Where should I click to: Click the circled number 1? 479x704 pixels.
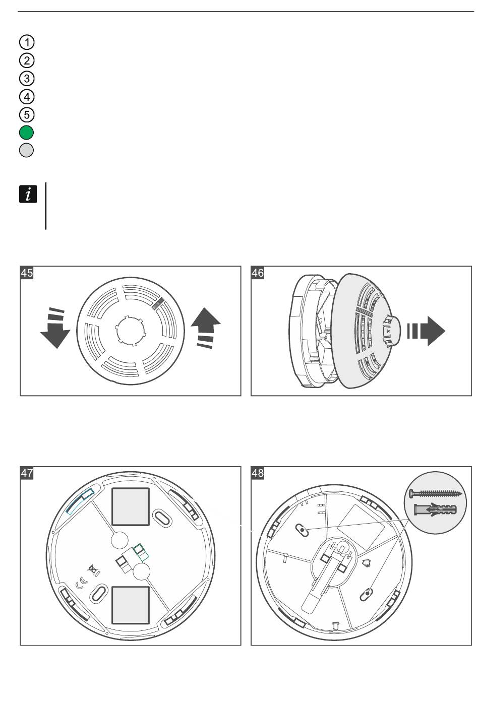pyautogui.click(x=27, y=42)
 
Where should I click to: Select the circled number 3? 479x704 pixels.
pyautogui.click(x=27, y=78)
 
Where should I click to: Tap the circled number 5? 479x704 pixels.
pyautogui.click(x=27, y=114)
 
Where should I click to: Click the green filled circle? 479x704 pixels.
pyautogui.click(x=26, y=133)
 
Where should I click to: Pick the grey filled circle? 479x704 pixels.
pyautogui.click(x=26, y=150)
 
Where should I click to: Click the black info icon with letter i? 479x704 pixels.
pyautogui.click(x=28, y=194)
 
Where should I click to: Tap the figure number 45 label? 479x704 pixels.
pyautogui.click(x=27, y=273)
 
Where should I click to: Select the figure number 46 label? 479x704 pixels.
pyautogui.click(x=258, y=273)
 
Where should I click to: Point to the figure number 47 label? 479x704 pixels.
pyautogui.click(x=27, y=473)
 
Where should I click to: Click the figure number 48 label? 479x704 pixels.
pyautogui.click(x=258, y=473)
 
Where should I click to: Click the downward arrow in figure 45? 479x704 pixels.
pyautogui.click(x=55, y=329)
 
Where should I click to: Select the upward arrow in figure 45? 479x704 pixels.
pyautogui.click(x=206, y=328)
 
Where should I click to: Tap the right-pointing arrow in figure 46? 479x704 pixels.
pyautogui.click(x=426, y=331)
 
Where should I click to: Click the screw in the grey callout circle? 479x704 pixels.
pyautogui.click(x=436, y=493)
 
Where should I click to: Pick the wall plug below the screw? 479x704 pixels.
pyautogui.click(x=436, y=509)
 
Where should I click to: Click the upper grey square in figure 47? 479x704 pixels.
pyautogui.click(x=131, y=506)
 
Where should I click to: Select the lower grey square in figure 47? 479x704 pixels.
pyautogui.click(x=131, y=605)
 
